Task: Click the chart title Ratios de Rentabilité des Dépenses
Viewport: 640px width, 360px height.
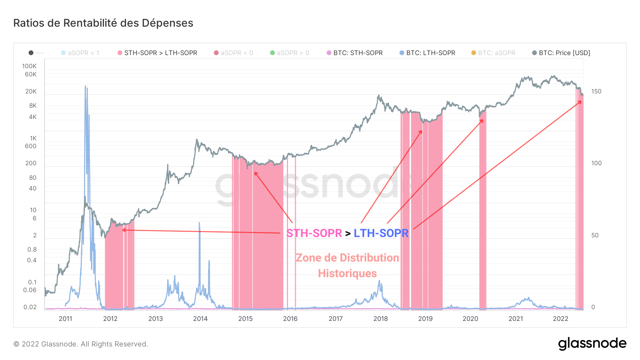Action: point(103,23)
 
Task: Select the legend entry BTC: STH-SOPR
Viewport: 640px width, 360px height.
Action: point(358,53)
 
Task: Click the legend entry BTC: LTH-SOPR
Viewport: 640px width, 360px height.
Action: point(431,53)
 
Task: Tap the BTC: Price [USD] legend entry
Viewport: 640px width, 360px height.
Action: point(564,53)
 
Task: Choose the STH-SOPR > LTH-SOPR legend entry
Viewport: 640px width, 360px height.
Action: point(160,53)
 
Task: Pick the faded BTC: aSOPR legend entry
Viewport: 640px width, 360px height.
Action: point(496,53)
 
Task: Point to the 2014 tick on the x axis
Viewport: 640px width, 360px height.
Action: point(200,319)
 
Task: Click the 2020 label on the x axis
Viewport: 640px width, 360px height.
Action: point(470,319)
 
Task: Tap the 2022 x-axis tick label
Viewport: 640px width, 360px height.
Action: point(561,319)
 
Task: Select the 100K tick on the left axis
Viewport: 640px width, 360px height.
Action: point(29,66)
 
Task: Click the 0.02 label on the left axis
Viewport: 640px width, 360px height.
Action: point(30,307)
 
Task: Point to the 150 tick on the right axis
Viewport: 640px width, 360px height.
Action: point(596,91)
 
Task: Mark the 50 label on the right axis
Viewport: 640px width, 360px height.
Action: point(595,235)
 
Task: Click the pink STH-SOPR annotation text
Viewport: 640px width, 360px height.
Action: point(314,233)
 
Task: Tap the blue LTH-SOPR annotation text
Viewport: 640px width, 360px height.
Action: point(381,233)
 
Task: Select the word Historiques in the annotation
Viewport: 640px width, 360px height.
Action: point(347,273)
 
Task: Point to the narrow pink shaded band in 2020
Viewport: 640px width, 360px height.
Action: point(482,213)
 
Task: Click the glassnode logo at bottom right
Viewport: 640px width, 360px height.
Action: point(592,344)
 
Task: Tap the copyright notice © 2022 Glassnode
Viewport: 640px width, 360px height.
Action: point(81,344)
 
